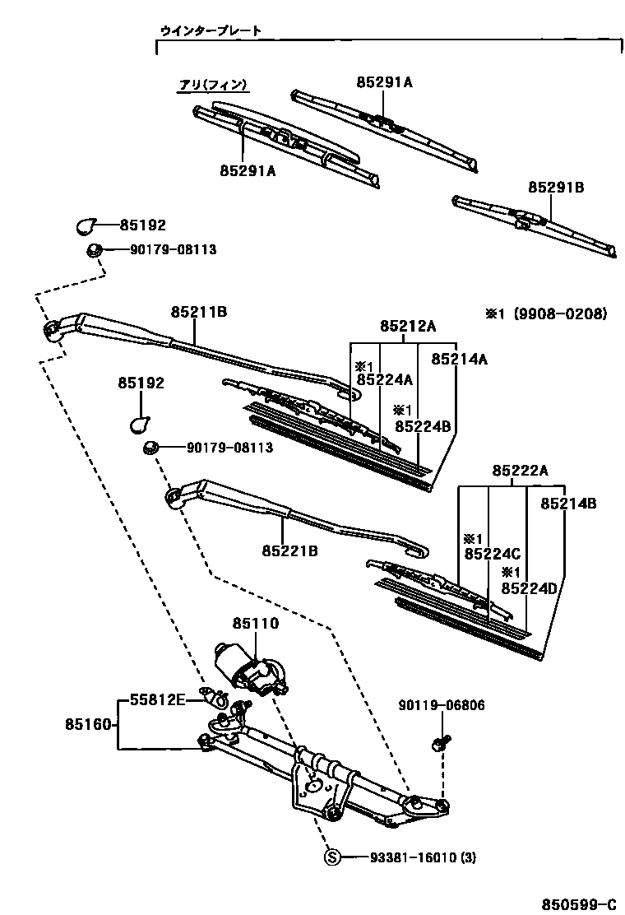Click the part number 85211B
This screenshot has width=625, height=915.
pyautogui.click(x=198, y=313)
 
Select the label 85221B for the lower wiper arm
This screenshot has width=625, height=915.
pyautogui.click(x=289, y=550)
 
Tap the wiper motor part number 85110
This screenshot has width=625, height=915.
pyautogui.click(x=255, y=625)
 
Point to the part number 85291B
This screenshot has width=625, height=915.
pyautogui.click(x=555, y=188)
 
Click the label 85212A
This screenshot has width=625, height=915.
pyautogui.click(x=407, y=326)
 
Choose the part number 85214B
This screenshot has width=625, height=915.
pyautogui.click(x=567, y=503)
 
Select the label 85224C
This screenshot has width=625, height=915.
pyautogui.click(x=492, y=554)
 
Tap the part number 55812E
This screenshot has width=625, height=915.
pyautogui.click(x=156, y=700)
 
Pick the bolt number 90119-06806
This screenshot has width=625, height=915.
pyautogui.click(x=442, y=705)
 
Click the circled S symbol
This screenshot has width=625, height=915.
pyautogui.click(x=332, y=858)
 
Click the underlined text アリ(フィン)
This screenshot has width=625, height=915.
pyautogui.click(x=214, y=85)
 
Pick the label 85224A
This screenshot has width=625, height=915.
pyautogui.click(x=384, y=379)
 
